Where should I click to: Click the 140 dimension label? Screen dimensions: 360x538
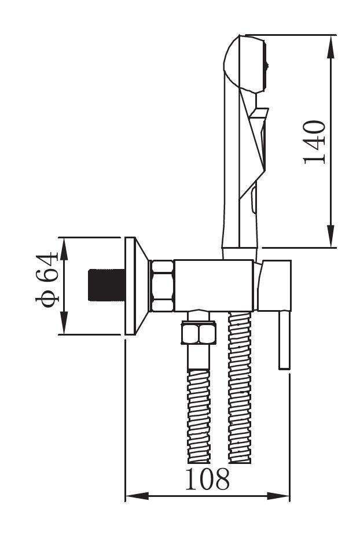(314, 142)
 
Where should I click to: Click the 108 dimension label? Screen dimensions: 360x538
(207, 479)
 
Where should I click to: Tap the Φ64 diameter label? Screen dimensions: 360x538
(47, 279)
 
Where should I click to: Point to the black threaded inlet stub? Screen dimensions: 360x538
(106, 285)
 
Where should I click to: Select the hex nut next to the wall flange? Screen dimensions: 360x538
(161, 286)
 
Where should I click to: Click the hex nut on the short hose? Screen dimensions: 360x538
(199, 333)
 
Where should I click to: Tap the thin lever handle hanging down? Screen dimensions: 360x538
(285, 340)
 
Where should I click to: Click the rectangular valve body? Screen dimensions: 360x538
(214, 286)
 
